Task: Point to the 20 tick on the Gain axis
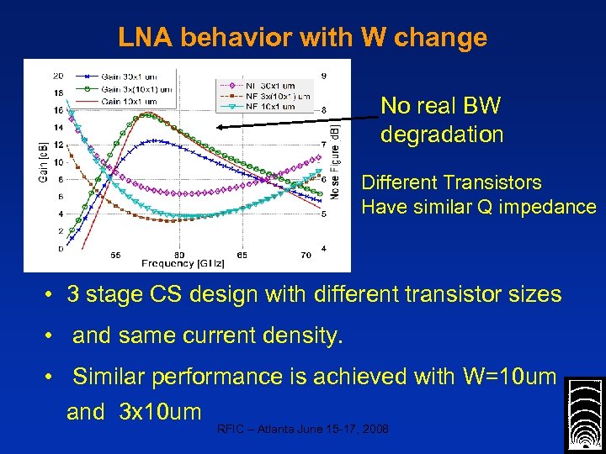point(58,76)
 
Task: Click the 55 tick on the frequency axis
point(115,254)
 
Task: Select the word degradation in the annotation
point(442,135)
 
